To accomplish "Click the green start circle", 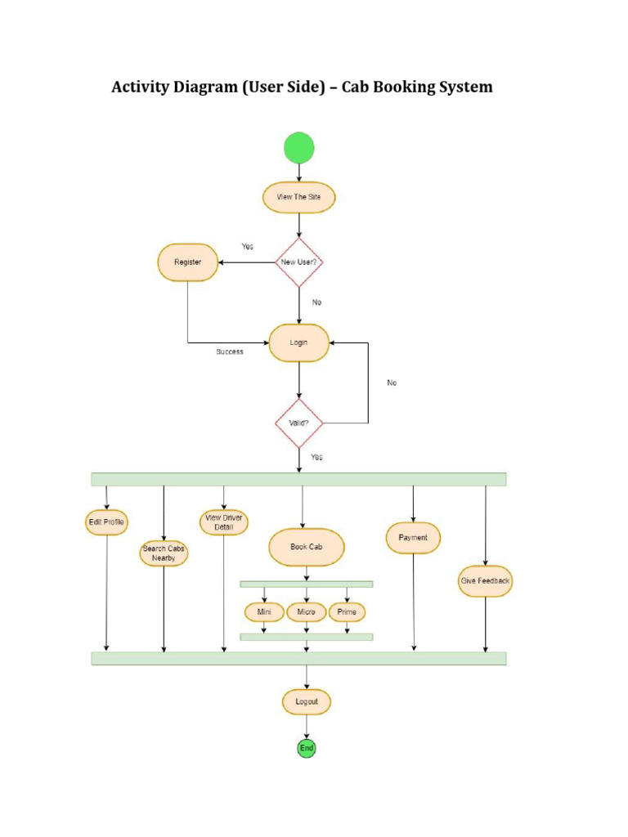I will [298, 148].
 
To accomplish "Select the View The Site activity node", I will [298, 197].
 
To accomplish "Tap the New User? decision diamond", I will [298, 262].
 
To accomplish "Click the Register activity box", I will [187, 262].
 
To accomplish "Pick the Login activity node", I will [299, 343].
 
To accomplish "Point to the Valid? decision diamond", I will [298, 423].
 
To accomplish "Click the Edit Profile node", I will [107, 521].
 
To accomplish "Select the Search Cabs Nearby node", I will [164, 553].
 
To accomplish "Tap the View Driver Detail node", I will [223, 522].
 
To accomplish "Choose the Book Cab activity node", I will [306, 547].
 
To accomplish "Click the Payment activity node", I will [413, 538].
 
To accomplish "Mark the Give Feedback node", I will [485, 581].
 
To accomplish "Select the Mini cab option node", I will [263, 611].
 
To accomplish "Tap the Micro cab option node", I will [306, 611].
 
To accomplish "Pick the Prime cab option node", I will [347, 611].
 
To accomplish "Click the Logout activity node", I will [307, 701].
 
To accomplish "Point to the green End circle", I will [306, 748].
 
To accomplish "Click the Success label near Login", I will [230, 351].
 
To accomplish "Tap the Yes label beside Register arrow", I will [247, 246].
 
